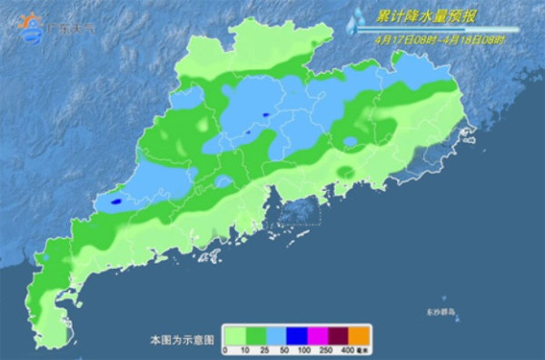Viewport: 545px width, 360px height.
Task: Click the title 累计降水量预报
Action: (x=423, y=15)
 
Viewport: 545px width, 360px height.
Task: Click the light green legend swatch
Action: (x=235, y=336)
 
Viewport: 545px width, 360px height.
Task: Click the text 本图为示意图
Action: (x=182, y=339)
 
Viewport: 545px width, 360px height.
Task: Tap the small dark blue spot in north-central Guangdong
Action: (x=265, y=115)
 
